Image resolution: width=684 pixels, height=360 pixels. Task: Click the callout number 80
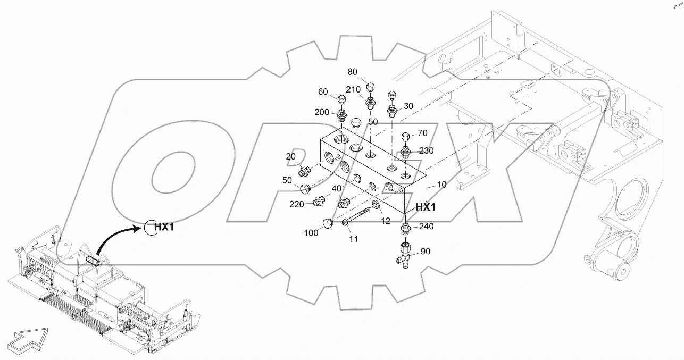[x=353, y=71]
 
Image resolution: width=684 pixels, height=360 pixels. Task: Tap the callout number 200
[x=322, y=112]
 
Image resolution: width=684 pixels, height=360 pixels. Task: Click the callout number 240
[x=426, y=226]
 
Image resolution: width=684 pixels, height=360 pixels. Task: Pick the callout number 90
[x=426, y=250]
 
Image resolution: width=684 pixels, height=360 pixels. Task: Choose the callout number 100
[x=311, y=232]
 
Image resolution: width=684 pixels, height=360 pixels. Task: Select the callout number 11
[x=354, y=240]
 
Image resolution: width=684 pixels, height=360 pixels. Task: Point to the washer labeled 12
[x=376, y=205]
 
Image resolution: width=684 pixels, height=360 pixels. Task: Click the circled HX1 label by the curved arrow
[x=161, y=227]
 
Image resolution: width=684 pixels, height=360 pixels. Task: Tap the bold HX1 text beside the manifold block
[x=426, y=207]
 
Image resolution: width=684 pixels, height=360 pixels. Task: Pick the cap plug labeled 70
[x=405, y=138]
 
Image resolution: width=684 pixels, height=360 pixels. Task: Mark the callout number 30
[x=408, y=106]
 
